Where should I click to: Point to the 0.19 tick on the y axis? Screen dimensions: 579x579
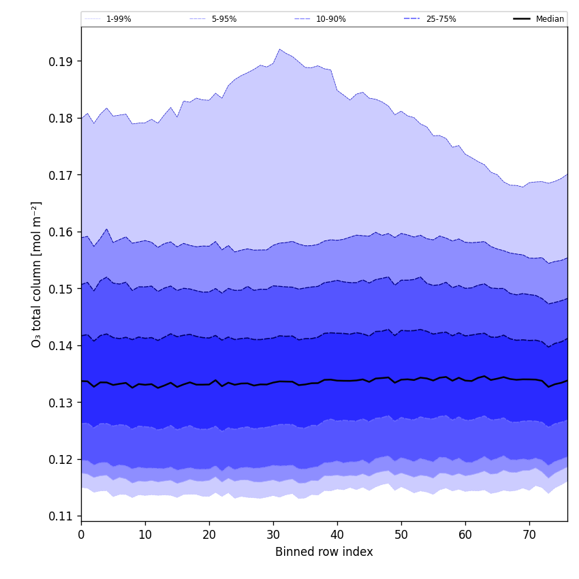pyautogui.click(x=62, y=61)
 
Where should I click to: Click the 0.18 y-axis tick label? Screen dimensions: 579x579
pyautogui.click(x=62, y=118)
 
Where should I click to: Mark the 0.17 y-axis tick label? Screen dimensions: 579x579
pyautogui.click(x=62, y=175)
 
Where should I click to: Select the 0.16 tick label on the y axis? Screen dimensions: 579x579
pyautogui.click(x=62, y=232)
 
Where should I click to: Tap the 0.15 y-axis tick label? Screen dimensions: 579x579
pyautogui.click(x=62, y=289)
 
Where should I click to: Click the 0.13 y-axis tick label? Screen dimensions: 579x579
pyautogui.click(x=62, y=403)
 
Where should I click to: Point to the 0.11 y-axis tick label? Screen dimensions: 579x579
pyautogui.click(x=62, y=516)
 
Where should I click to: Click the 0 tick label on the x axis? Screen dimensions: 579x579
pyautogui.click(x=81, y=535)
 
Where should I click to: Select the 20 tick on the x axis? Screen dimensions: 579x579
pyautogui.click(x=209, y=535)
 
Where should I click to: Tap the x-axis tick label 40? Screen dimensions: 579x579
pyautogui.click(x=337, y=535)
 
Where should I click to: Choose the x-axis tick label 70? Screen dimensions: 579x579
pyautogui.click(x=529, y=535)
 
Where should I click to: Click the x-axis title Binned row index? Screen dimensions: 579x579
pyautogui.click(x=324, y=552)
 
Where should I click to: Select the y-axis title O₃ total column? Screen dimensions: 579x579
pyautogui.click(x=37, y=274)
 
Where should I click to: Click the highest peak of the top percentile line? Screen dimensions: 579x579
pyautogui.click(x=279, y=49)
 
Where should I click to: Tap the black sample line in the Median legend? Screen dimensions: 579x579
pyautogui.click(x=522, y=19)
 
